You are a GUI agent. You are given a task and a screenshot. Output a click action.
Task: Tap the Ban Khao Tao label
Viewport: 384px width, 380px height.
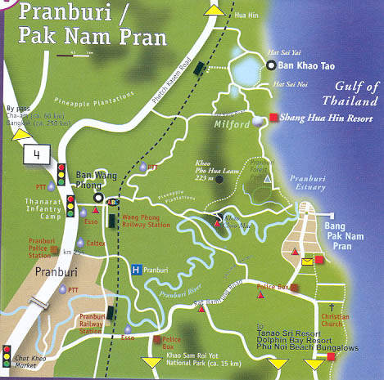pyautogui.click(x=314, y=66)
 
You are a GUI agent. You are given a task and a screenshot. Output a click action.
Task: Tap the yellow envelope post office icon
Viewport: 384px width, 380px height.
pyautogui.click(x=305, y=261)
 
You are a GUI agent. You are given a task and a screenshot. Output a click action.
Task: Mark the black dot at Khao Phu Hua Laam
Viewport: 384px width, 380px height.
pyautogui.click(x=218, y=178)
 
